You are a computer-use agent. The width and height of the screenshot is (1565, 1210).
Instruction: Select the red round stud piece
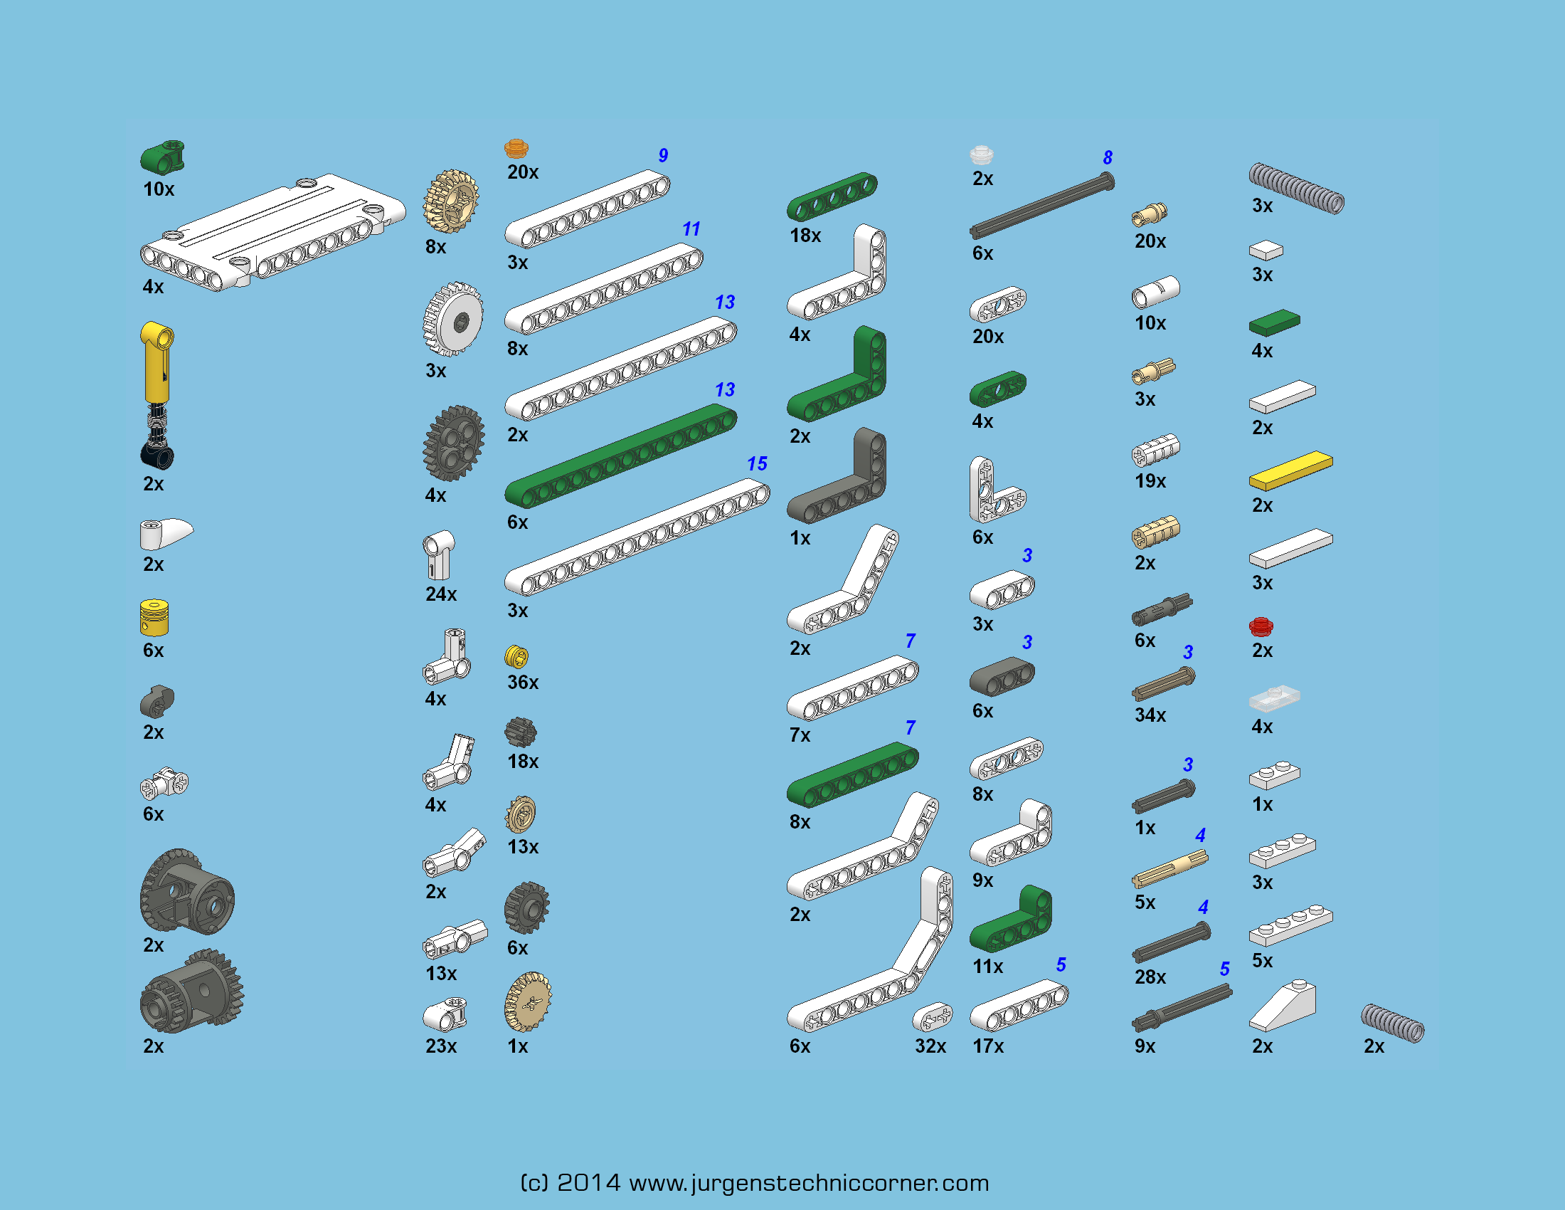[1261, 627]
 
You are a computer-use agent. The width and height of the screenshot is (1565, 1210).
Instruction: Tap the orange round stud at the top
[516, 148]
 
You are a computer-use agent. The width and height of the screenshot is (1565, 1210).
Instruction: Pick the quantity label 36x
[522, 683]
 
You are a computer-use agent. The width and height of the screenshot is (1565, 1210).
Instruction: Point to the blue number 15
[757, 464]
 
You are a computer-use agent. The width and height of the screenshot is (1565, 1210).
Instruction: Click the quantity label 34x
[1150, 715]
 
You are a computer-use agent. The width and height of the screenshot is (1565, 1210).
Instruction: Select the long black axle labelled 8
[1042, 206]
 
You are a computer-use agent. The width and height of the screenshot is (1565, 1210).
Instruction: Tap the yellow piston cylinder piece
[154, 618]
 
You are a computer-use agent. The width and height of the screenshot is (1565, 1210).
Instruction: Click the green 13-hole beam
[620, 456]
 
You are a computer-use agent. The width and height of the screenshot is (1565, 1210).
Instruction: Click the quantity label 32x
[930, 1046]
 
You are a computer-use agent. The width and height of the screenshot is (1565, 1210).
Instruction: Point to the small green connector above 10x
[163, 157]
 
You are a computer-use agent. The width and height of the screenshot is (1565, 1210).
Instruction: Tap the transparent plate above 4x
[1274, 698]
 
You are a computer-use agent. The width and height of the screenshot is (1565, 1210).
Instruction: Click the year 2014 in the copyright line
[588, 1183]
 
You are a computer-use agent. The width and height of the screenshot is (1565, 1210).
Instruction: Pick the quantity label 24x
[441, 594]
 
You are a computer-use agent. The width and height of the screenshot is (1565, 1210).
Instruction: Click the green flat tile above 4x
[1274, 322]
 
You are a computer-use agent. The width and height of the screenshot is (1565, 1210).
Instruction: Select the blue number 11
[691, 228]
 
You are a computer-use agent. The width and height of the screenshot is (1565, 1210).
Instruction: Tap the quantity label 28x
[1150, 977]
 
